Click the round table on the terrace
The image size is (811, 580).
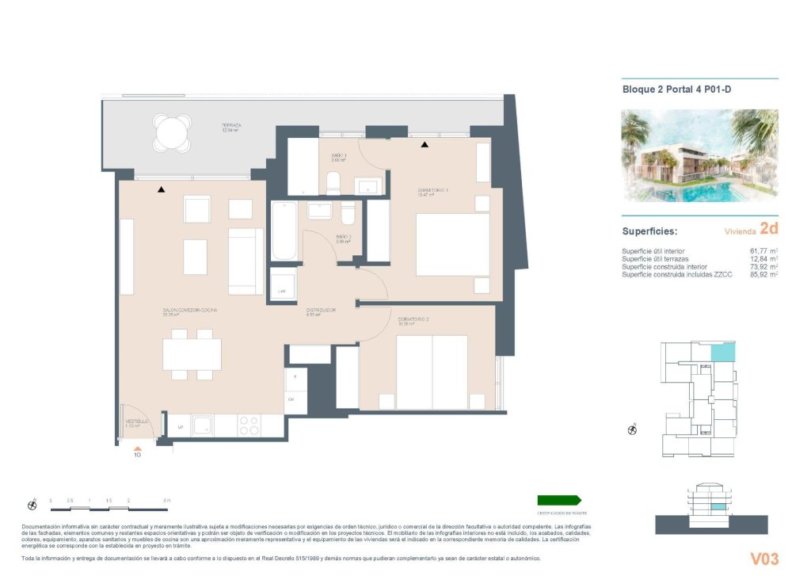click(173, 132)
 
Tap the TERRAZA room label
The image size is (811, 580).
click(231, 126)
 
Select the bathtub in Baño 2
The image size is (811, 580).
click(284, 231)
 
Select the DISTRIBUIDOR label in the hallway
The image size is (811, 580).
click(322, 310)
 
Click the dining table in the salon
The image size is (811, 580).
click(192, 354)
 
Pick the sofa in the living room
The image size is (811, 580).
click(246, 261)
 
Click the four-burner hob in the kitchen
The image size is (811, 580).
click(249, 425)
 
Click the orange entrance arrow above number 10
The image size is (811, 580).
click(137, 448)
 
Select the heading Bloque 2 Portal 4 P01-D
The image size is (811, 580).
click(676, 90)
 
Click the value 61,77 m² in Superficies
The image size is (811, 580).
click(760, 251)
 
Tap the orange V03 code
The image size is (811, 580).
click(764, 559)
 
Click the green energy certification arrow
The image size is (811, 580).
click(559, 500)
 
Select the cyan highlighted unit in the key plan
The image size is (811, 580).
click(722, 353)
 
